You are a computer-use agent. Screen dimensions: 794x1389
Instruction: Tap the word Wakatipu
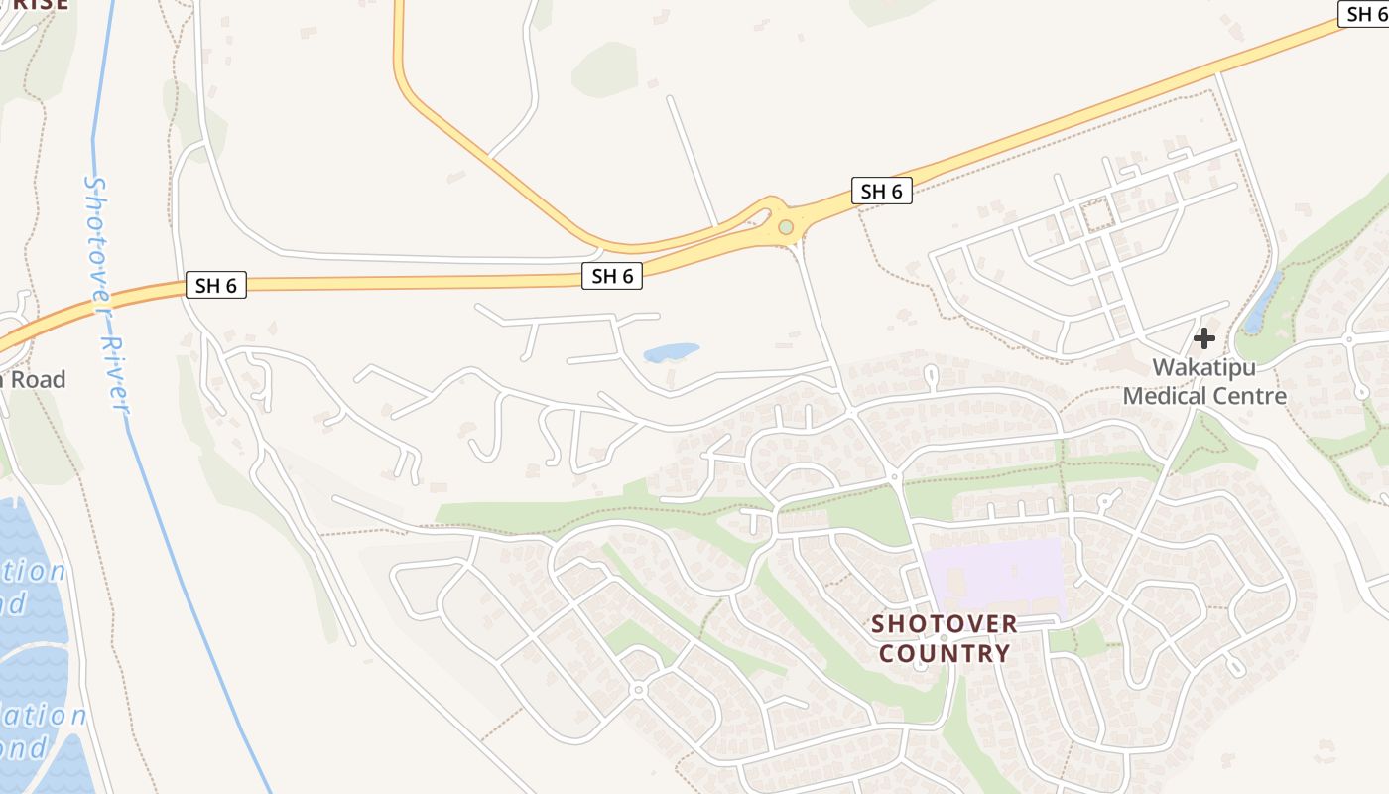(1203, 368)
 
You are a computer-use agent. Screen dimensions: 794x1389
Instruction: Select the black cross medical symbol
(1204, 338)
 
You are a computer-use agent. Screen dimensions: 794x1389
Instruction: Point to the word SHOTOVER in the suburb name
(945, 624)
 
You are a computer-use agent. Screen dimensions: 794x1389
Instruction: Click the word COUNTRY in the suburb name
(945, 654)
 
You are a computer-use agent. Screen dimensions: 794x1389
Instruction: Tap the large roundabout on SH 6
(786, 227)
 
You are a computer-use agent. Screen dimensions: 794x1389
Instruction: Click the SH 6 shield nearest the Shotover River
(215, 286)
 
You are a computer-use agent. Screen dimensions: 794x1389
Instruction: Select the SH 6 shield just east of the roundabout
(881, 192)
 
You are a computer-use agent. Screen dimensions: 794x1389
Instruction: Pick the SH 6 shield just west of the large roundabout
(612, 277)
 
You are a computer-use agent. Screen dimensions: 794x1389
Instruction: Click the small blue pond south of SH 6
(671, 352)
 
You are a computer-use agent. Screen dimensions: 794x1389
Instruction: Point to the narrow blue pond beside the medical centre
(1262, 302)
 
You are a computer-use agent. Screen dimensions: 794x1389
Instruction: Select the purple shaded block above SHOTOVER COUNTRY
(995, 576)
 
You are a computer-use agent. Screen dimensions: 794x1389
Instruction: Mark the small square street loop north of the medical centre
(1097, 215)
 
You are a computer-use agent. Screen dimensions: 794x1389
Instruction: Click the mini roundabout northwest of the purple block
(894, 477)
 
